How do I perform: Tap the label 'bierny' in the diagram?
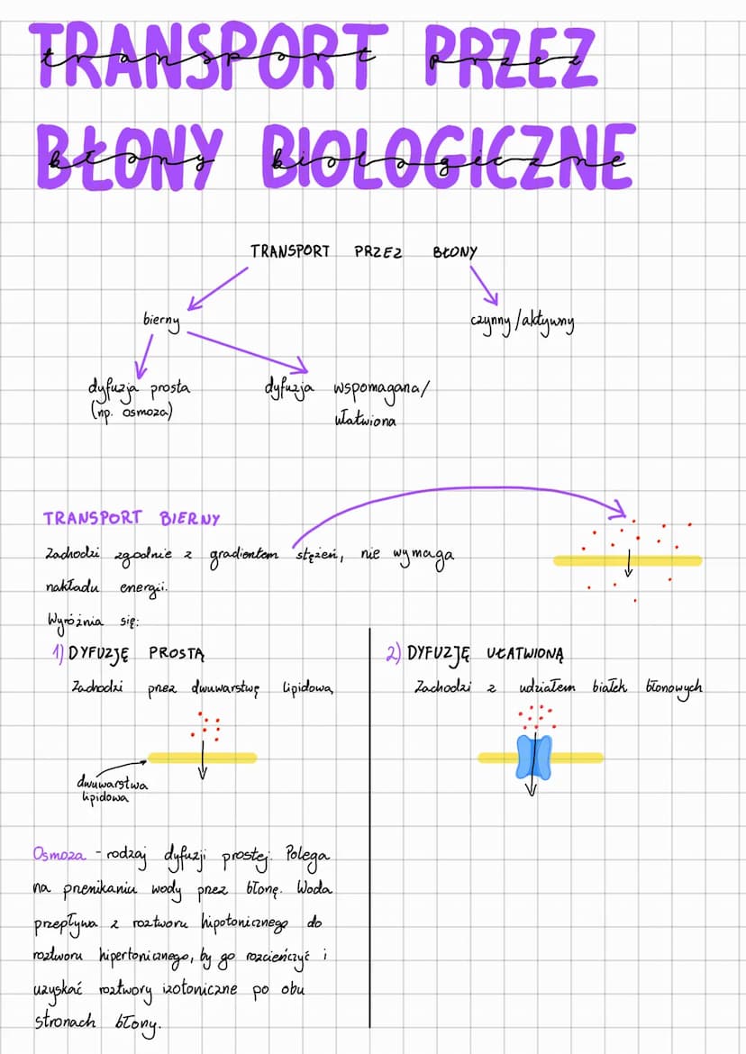tap(161, 321)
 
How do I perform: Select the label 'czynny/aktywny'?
tap(522, 322)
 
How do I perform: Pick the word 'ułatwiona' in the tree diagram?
tap(364, 420)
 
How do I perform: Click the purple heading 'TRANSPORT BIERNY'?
tap(131, 519)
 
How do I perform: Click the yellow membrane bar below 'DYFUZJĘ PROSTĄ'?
tap(203, 758)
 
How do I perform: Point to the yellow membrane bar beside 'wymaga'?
tap(627, 560)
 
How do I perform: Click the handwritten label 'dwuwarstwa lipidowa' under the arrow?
tap(112, 791)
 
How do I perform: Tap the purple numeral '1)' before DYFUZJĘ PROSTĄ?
tap(58, 653)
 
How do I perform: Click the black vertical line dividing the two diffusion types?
tap(370, 811)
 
